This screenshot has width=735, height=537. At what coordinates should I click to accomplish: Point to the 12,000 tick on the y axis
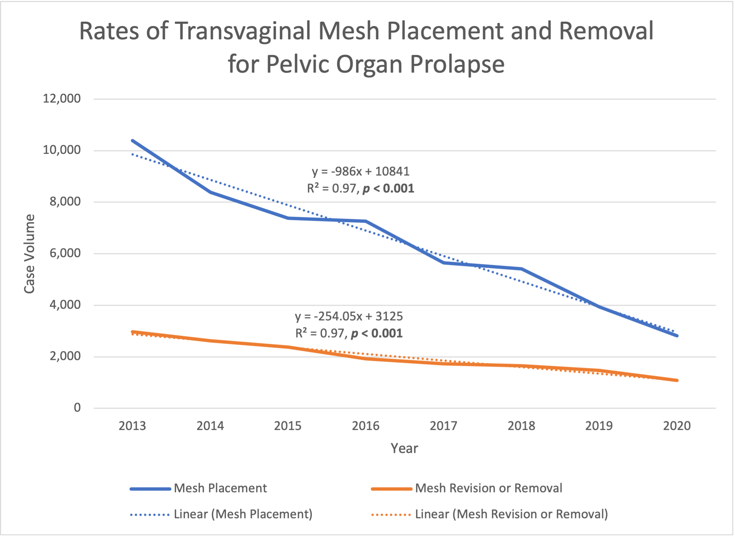[62, 99]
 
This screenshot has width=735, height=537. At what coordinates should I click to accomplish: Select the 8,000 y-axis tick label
[65, 202]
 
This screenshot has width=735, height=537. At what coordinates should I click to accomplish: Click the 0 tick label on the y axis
[77, 407]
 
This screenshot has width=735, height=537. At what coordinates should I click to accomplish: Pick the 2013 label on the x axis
[132, 426]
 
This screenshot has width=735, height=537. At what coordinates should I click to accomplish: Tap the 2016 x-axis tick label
[365, 426]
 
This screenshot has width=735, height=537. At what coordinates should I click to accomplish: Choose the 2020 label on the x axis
[677, 426]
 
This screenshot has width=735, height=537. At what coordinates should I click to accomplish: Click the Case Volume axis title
[29, 254]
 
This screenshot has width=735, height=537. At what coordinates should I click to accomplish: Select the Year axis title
[404, 448]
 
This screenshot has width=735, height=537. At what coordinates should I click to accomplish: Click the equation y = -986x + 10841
[360, 171]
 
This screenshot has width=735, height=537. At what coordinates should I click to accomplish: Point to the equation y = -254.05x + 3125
[349, 316]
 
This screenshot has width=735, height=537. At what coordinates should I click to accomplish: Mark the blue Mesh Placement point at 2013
[132, 140]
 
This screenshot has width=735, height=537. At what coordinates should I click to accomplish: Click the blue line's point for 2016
[366, 221]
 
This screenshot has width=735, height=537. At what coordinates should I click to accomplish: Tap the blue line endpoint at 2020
[677, 336]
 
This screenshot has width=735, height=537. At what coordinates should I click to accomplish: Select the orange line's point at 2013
[132, 332]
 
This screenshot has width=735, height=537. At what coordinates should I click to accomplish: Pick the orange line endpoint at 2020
[677, 380]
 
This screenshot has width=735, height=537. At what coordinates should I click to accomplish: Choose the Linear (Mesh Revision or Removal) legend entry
[489, 514]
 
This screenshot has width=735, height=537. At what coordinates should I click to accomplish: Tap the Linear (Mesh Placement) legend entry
[221, 514]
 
